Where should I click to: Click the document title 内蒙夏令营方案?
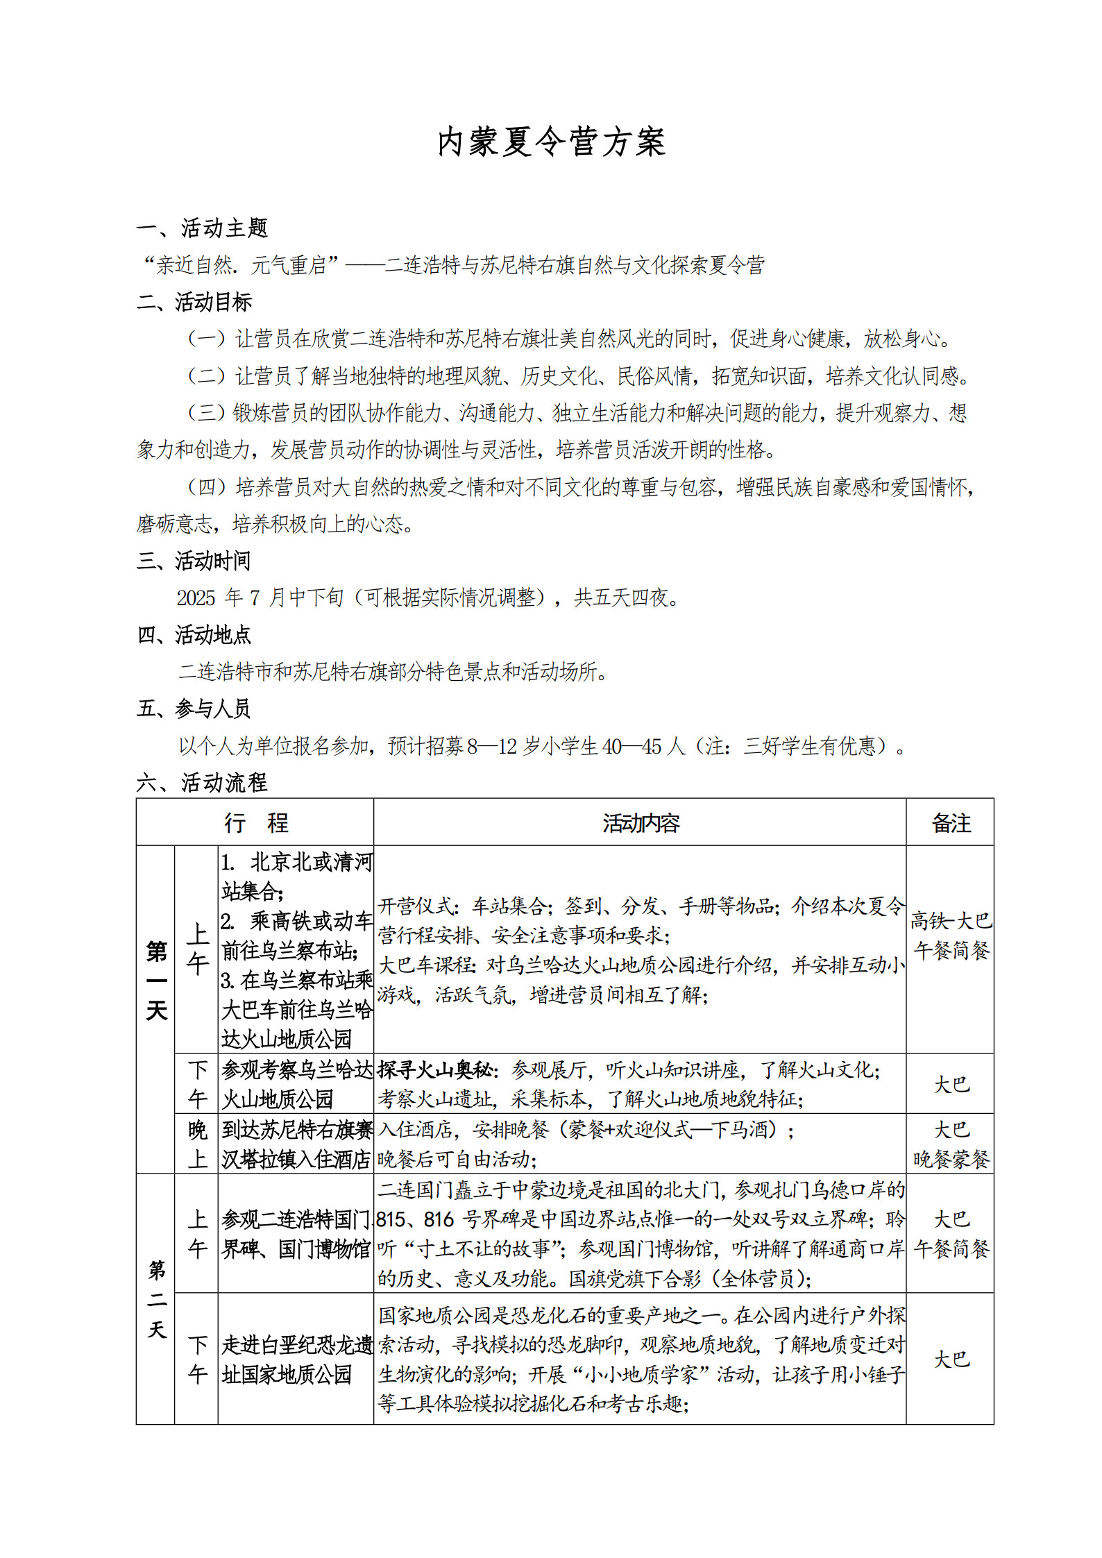(551, 143)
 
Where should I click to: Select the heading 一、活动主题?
(202, 228)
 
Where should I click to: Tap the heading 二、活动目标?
(194, 302)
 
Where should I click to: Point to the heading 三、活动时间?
(194, 561)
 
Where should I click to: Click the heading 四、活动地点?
(194, 634)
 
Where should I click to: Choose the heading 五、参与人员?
(194, 709)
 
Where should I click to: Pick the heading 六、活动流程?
(202, 783)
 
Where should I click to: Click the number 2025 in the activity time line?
(196, 598)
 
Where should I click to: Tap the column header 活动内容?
(640, 823)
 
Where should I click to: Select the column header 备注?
(950, 823)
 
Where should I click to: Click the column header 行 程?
(255, 823)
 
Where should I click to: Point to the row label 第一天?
(156, 980)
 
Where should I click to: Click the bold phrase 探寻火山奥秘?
(436, 1070)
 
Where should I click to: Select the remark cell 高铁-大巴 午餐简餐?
(950, 935)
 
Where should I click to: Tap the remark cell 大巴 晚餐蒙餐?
(950, 1144)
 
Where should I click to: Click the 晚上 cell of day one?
(197, 1144)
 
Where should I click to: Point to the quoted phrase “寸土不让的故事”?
(480, 1249)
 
